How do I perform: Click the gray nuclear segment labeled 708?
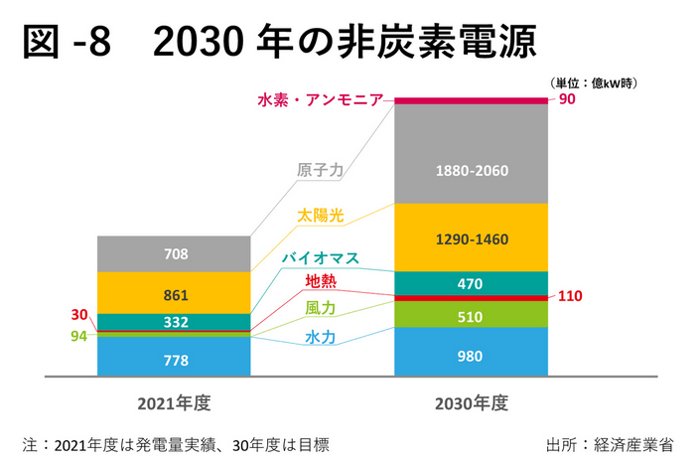tap(175, 254)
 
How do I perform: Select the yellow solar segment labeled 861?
tap(175, 294)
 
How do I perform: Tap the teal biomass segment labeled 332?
tap(175, 321)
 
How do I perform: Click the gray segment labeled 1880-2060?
tap(472, 170)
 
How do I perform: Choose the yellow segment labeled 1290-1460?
tap(472, 238)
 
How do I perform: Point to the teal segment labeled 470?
tap(472, 283)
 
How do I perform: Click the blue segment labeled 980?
tap(472, 353)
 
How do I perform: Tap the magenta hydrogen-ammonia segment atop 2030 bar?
tap(472, 99)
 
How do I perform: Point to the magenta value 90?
tap(567, 99)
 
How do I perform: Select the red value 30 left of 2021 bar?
tap(79, 315)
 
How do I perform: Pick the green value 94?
tap(79, 336)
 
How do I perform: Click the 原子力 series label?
tap(320, 170)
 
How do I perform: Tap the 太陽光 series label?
tap(320, 216)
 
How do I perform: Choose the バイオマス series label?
tap(320, 258)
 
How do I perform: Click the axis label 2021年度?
tap(175, 403)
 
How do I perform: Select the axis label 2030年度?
tap(472, 403)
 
